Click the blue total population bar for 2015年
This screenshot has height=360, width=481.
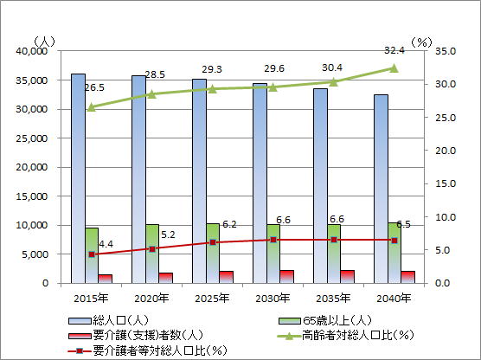78,178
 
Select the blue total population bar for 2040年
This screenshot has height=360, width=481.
381,189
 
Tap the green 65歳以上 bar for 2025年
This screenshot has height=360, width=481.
213,254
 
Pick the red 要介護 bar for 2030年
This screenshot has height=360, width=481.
287,277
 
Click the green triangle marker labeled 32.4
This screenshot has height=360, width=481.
394,68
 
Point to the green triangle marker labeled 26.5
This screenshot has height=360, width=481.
92,107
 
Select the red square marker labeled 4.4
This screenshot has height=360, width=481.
92,254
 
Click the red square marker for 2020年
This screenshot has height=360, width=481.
152,249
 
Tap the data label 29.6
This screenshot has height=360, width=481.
274,68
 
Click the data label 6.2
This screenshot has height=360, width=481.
229,224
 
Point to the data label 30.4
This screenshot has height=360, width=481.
332,67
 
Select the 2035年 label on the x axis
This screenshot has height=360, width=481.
333,299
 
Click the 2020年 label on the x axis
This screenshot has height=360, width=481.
151,299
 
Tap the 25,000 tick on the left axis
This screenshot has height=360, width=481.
32,138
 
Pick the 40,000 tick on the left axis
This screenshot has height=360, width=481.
32,51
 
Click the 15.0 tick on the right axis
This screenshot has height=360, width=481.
446,183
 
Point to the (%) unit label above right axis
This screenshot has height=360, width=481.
421,42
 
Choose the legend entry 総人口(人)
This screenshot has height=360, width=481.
109,321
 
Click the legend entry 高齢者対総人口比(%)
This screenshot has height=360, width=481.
345,335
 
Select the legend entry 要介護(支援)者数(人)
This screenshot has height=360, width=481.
136,335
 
